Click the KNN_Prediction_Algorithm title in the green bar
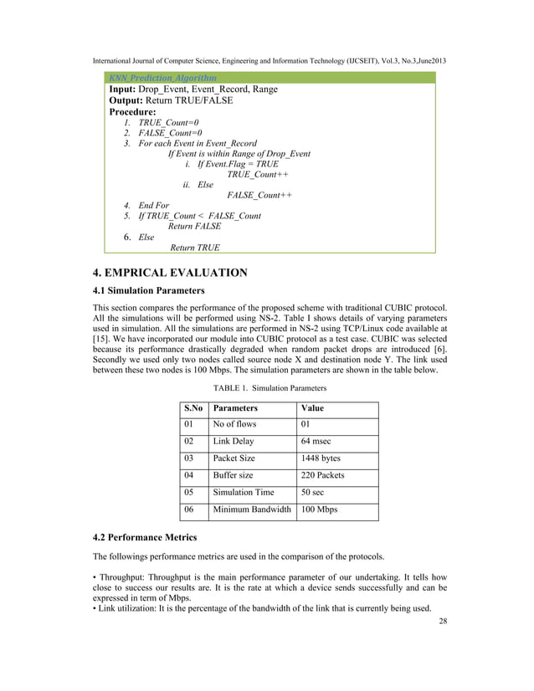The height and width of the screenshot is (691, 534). pos(162,78)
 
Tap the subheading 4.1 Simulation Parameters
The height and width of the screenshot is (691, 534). pos(148,291)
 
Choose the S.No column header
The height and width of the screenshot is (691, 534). pos(193,408)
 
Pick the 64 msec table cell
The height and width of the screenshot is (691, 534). pos(318,441)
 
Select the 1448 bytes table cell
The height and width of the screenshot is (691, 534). pos(321,458)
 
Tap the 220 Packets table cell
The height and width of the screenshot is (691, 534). pos(322,475)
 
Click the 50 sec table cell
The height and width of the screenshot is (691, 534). pos(315,493)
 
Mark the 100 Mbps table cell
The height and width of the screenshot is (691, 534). pos(319,509)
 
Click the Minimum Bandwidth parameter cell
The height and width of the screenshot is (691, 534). pos(252,509)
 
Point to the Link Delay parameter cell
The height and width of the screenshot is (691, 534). pos(234,441)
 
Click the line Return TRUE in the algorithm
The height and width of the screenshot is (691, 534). pos(195,248)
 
